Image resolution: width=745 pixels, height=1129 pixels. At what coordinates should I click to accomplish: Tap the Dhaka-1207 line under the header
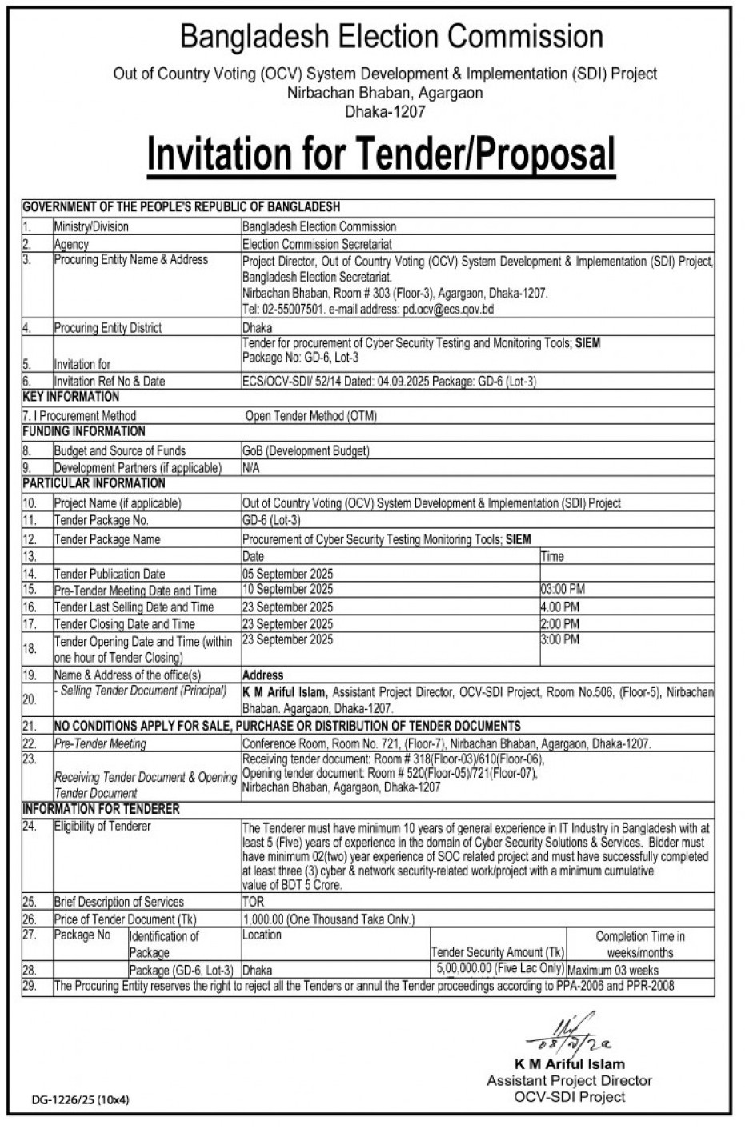tap(384, 112)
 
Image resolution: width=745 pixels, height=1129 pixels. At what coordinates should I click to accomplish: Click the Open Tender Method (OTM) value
tap(311, 416)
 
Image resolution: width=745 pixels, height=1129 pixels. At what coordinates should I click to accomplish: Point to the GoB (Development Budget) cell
tap(306, 450)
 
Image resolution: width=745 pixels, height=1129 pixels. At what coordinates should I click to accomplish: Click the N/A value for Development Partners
tap(251, 467)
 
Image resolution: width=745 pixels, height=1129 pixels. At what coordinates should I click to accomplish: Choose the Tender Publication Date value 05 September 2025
tap(287, 574)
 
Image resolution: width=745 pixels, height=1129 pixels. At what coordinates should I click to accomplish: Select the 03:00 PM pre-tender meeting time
tap(563, 590)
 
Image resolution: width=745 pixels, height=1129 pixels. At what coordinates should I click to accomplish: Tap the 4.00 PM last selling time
tap(560, 607)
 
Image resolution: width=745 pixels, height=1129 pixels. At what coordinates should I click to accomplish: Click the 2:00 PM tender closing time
tap(560, 623)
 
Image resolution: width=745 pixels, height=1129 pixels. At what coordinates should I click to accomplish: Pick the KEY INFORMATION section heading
tap(71, 397)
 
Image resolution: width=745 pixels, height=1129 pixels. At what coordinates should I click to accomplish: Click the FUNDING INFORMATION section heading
tap(83, 431)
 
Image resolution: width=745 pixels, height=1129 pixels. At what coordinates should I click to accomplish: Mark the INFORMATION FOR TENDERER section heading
tap(101, 809)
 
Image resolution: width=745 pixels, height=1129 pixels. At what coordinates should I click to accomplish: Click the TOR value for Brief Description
tap(253, 902)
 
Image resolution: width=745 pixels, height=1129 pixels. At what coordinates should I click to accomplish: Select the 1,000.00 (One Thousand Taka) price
tap(329, 919)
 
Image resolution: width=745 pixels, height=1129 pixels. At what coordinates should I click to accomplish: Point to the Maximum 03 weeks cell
tap(613, 970)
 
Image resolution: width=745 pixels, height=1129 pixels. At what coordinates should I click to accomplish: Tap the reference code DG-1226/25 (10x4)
tap(81, 1100)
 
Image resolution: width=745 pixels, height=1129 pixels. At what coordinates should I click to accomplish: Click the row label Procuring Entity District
tap(107, 328)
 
